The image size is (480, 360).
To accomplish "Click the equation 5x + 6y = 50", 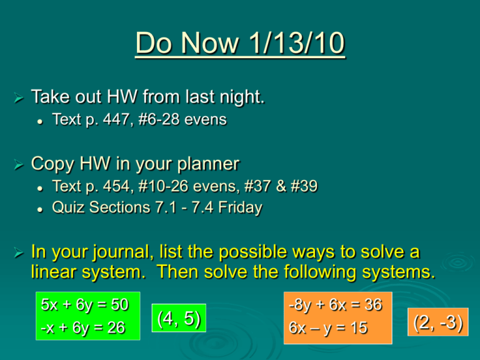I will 84,304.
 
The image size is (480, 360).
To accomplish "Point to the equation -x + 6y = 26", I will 82,327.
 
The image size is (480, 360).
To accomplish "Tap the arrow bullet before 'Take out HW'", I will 18,97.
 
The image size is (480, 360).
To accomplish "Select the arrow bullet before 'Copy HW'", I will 18,164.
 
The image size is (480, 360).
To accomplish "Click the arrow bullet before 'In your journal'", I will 18,253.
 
